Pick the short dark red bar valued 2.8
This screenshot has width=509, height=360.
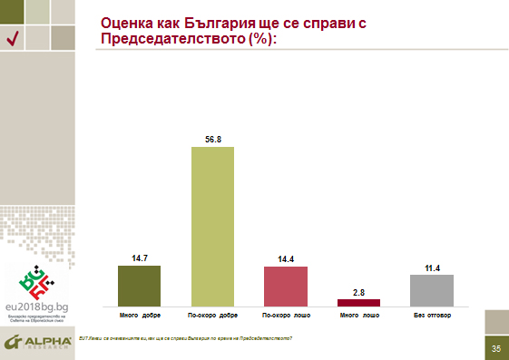(x=358, y=302)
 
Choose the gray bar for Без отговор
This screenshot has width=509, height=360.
(x=432, y=289)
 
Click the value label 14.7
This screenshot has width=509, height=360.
(x=139, y=258)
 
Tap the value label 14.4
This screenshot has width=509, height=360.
(x=286, y=259)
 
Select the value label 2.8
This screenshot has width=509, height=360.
(x=358, y=291)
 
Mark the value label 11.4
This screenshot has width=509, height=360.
(x=432, y=268)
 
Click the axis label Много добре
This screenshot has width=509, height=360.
(x=139, y=316)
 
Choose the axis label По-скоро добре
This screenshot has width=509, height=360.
(x=212, y=316)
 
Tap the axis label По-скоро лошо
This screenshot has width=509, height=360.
(x=286, y=316)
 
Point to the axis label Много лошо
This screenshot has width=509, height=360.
(x=358, y=316)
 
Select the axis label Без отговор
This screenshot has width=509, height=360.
(x=432, y=316)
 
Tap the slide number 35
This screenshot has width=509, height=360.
(x=496, y=348)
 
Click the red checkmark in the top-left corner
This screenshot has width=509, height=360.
(x=13, y=37)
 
